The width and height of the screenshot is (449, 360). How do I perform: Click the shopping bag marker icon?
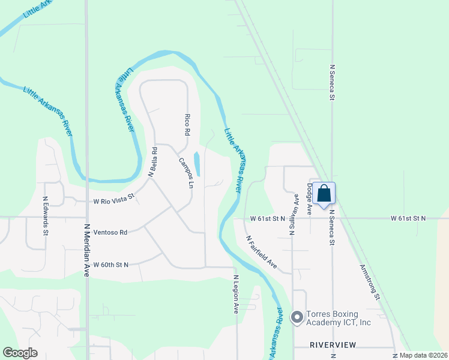(x=324, y=194)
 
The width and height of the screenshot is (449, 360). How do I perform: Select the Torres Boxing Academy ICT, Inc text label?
(x=339, y=318)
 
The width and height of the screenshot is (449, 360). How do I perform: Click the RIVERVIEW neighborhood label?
(x=333, y=345)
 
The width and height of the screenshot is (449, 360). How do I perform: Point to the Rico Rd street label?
(x=187, y=123)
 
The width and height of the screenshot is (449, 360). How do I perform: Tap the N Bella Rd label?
(x=152, y=162)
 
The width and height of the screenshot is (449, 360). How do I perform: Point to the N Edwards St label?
(x=45, y=215)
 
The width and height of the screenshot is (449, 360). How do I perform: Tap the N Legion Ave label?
(x=237, y=294)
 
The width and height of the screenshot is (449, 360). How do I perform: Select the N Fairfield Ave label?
(x=262, y=251)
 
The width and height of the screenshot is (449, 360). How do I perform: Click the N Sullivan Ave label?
(x=294, y=215)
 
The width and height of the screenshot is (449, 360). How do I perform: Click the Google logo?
(x=20, y=353)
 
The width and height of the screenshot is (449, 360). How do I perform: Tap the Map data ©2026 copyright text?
(x=423, y=355)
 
